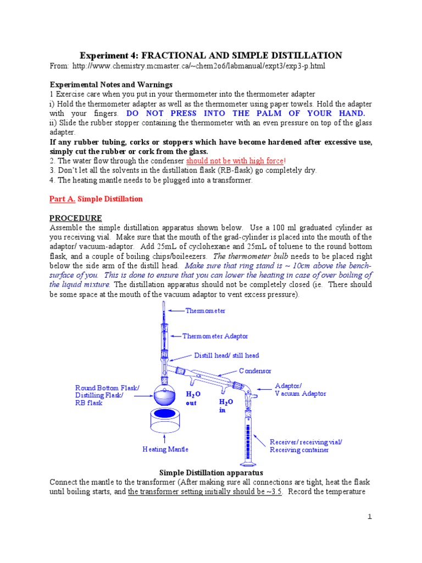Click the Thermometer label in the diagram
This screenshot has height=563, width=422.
205,311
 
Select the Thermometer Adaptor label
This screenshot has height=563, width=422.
215,336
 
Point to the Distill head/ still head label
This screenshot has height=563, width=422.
226,355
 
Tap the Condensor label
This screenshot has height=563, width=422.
255,371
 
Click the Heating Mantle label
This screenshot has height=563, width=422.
165,449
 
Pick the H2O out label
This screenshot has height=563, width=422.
193,399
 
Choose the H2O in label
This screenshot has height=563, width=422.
226,405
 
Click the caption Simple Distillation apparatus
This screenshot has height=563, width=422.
211,472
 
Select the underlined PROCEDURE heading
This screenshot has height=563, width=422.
76,218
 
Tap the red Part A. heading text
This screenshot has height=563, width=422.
63,198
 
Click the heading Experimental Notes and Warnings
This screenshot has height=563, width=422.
112,85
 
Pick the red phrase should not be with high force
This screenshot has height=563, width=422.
235,161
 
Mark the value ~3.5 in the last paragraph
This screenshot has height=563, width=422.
271,492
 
